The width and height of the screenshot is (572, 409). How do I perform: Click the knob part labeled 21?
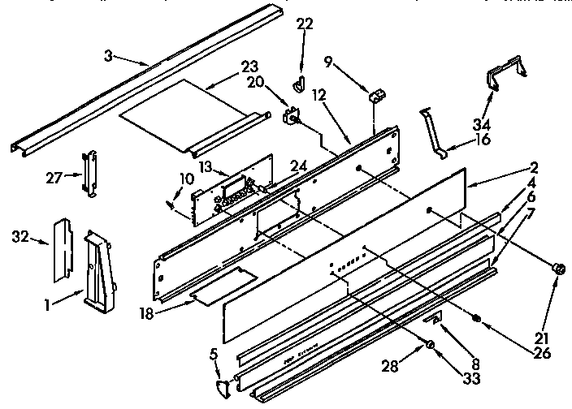557,269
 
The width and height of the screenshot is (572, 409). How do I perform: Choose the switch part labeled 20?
290,117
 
